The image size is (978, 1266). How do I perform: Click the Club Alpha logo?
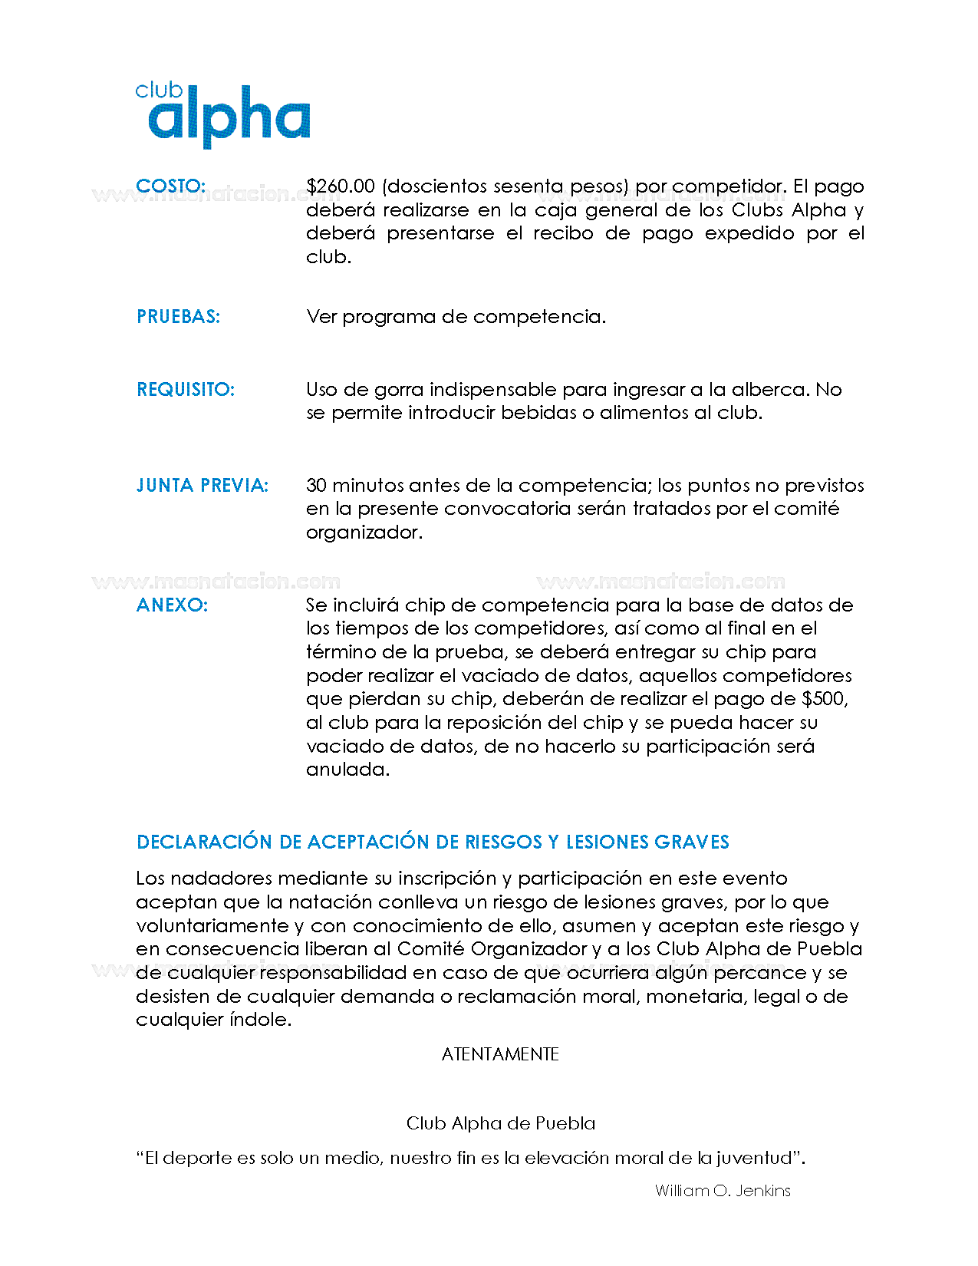pos(222,115)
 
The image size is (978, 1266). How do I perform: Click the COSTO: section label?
pos(170,186)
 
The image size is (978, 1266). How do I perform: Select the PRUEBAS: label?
pos(178,317)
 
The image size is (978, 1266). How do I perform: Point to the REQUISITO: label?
pos(186,390)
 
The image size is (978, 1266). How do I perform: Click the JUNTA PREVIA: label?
pos(203,486)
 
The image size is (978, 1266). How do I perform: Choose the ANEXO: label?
pos(172,605)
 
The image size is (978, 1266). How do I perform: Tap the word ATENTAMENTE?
pos(500,1054)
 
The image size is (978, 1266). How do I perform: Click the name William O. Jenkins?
pos(723,1191)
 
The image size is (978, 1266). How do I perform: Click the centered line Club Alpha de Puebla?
pos(500,1123)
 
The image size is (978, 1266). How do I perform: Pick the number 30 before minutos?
pos(316,486)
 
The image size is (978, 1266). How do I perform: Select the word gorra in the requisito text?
pos(399,390)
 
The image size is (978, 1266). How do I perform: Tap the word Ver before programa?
pos(321,317)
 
